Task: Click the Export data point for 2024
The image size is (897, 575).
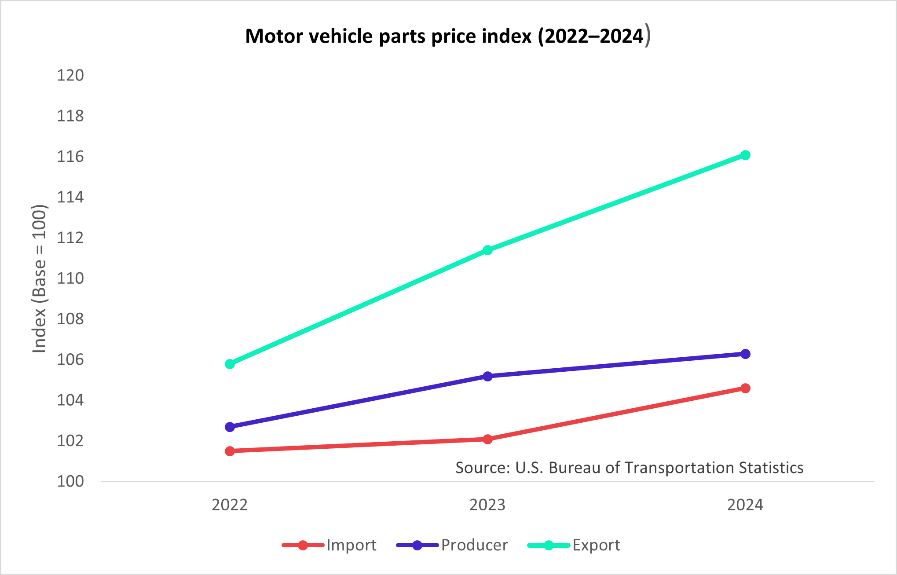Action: click(x=745, y=155)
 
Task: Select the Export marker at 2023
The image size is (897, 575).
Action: click(x=487, y=250)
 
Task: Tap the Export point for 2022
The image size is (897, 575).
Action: click(x=230, y=364)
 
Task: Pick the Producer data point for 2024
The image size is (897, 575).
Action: click(x=745, y=354)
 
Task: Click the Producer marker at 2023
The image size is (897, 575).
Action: click(x=487, y=376)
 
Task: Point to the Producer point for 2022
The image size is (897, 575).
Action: click(x=230, y=427)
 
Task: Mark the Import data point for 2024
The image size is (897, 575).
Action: click(x=745, y=388)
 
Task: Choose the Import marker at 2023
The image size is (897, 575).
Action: click(x=487, y=439)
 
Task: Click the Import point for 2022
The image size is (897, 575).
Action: click(x=230, y=451)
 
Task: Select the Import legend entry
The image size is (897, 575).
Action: click(x=330, y=546)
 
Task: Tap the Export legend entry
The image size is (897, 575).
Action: click(x=574, y=546)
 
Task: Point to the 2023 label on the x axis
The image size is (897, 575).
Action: click(x=487, y=505)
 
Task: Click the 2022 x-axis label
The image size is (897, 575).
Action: click(x=230, y=505)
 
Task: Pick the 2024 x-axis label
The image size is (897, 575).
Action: click(x=745, y=505)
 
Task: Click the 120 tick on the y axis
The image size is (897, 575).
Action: click(x=70, y=75)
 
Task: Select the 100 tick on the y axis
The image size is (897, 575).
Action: click(x=70, y=481)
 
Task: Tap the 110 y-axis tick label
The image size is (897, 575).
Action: click(x=70, y=278)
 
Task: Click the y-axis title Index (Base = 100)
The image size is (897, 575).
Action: click(x=39, y=278)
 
